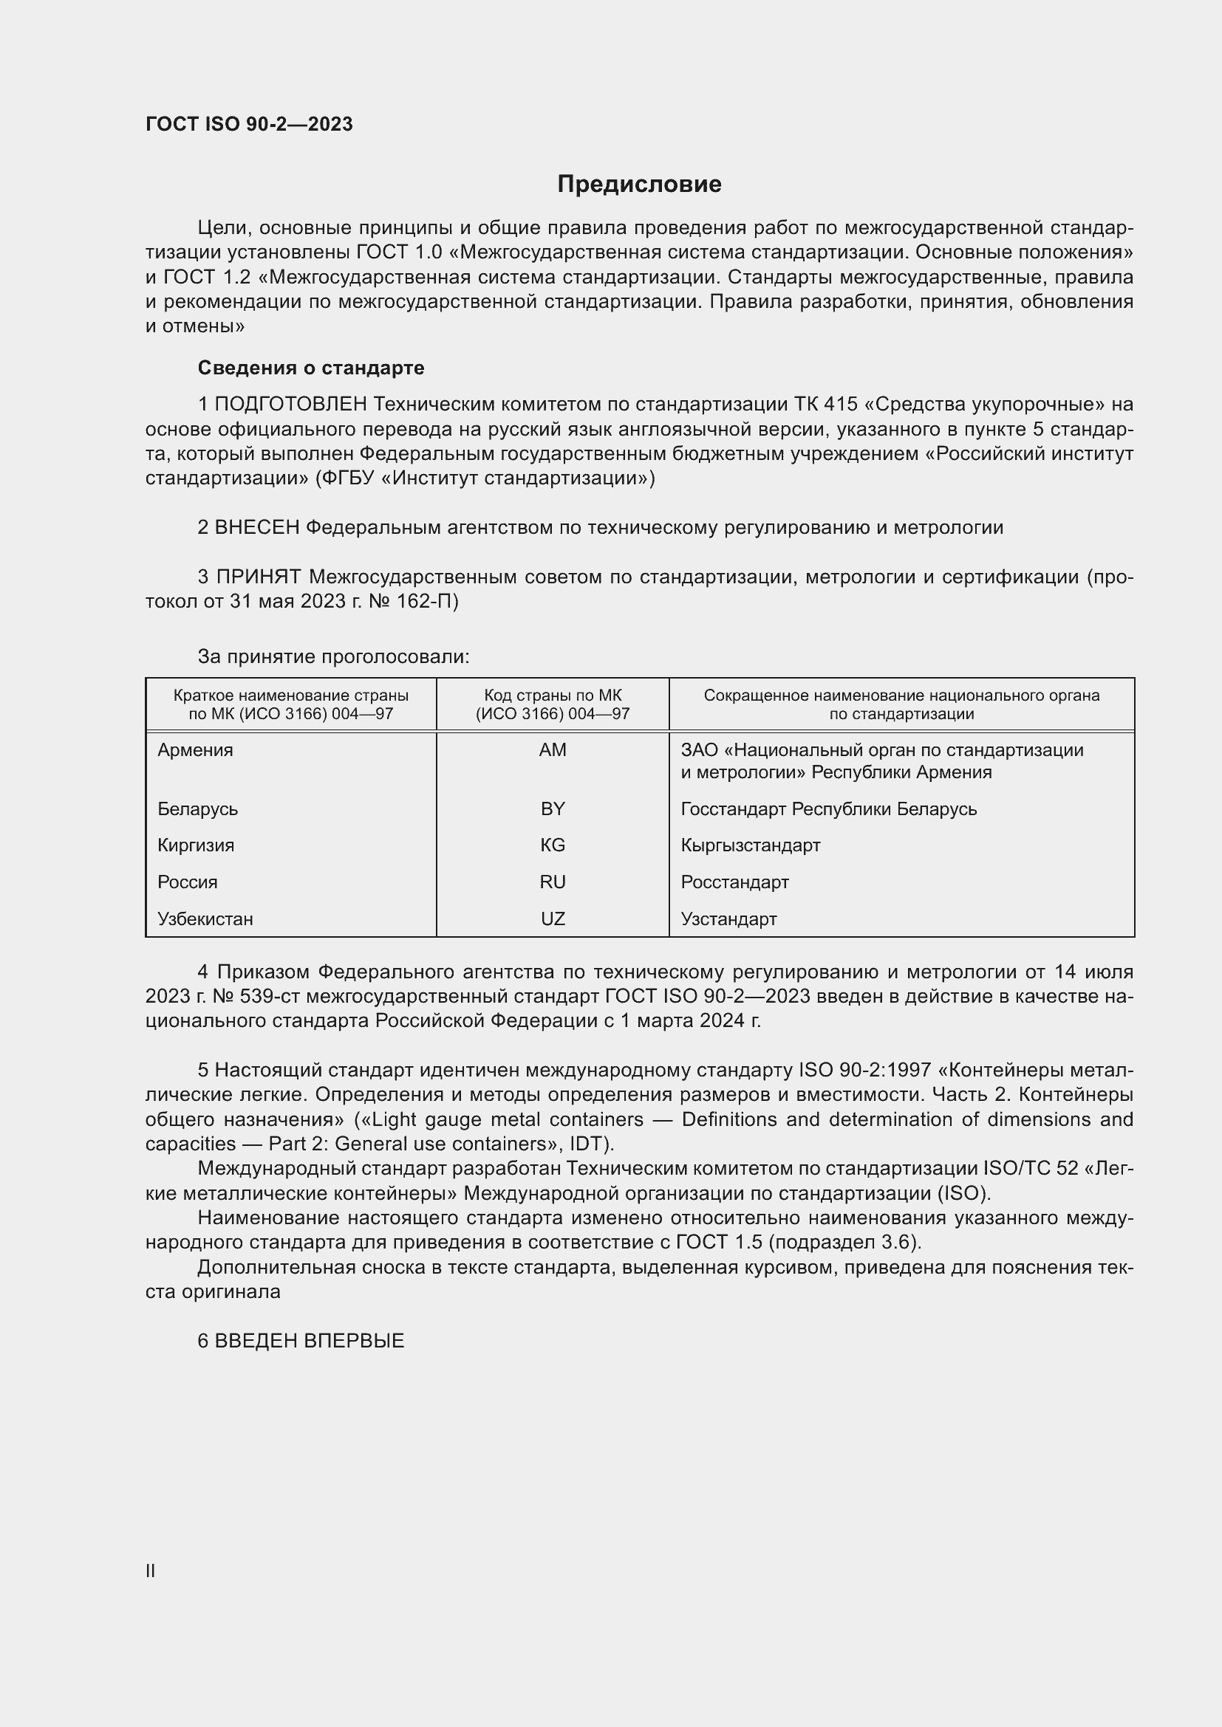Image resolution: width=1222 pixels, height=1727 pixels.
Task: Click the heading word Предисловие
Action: pos(639,185)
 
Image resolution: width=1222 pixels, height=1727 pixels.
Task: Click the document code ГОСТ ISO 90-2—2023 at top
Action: pos(249,125)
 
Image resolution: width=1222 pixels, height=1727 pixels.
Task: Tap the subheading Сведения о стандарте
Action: pos(311,368)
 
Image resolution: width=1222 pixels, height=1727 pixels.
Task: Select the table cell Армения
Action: pos(196,750)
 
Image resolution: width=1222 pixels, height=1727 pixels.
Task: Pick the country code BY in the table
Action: pos(553,808)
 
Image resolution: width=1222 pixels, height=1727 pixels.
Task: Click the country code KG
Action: pos(553,845)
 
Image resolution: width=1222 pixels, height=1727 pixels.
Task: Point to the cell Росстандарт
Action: pos(734,882)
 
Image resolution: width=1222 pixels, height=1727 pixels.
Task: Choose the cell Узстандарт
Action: pos(728,919)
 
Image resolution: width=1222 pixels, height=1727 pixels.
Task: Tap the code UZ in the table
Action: pos(553,919)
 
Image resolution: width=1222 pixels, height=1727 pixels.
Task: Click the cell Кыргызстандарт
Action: pos(750,845)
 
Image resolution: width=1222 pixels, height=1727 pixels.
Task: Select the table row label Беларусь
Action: pos(198,808)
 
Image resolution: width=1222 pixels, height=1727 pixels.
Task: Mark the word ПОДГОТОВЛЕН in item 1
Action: pos(290,405)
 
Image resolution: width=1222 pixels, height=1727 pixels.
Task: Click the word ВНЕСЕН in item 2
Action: pos(257,527)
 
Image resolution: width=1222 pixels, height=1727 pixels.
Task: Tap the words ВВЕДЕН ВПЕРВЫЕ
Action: pos(310,1340)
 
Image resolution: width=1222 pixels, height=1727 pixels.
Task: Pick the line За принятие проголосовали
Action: pos(333,656)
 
